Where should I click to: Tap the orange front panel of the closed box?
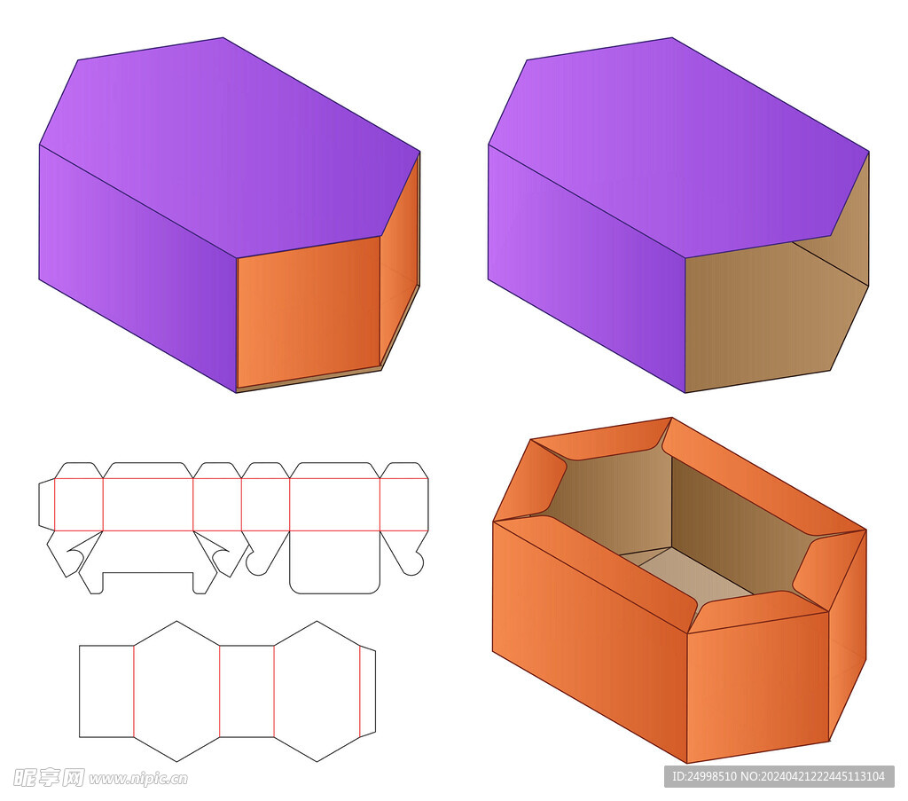pos(309,313)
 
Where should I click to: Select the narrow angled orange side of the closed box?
pos(400,261)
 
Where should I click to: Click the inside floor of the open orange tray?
pos(686,570)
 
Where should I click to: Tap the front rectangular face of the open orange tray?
pos(758,687)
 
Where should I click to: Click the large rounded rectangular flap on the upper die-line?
pos(334,561)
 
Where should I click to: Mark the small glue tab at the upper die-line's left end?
pos(47,505)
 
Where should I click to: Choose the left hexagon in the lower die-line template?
pos(176,691)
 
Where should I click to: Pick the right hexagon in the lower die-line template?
pos(317,691)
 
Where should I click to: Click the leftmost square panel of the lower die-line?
pos(106,691)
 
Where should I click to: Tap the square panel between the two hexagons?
pos(247,691)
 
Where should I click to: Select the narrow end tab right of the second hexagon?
pos(368,691)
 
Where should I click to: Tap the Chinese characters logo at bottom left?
pos(48,777)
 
